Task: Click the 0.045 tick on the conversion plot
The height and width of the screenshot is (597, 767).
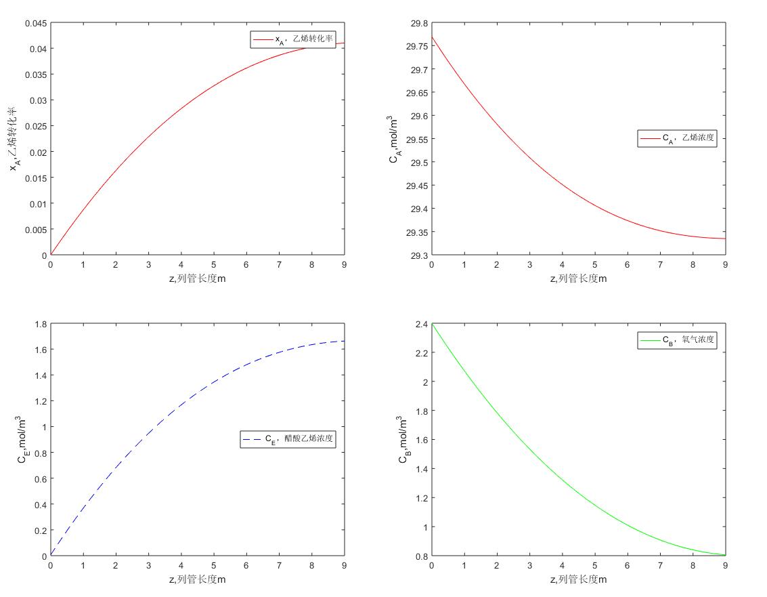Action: click(x=36, y=24)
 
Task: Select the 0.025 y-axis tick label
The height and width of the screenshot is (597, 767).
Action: click(x=36, y=127)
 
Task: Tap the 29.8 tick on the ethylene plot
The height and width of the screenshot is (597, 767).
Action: click(x=418, y=24)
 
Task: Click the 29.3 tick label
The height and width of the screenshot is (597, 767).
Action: click(x=418, y=255)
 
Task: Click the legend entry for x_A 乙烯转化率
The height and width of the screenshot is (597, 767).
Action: click(x=292, y=40)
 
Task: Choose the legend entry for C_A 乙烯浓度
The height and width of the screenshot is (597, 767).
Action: click(x=676, y=139)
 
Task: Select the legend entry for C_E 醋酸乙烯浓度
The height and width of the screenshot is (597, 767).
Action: click(x=288, y=439)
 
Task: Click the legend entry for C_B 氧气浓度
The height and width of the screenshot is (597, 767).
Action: click(x=676, y=340)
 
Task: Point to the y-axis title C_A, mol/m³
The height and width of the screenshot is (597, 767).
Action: click(x=395, y=140)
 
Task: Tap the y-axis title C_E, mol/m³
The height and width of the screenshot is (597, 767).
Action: click(x=22, y=440)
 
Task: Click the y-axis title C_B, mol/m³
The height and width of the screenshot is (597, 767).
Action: click(x=403, y=440)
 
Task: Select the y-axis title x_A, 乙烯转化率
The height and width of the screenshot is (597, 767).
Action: click(x=13, y=140)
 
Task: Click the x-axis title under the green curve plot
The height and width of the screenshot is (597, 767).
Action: click(x=578, y=579)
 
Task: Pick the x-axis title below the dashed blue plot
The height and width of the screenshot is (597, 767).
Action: click(x=197, y=579)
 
